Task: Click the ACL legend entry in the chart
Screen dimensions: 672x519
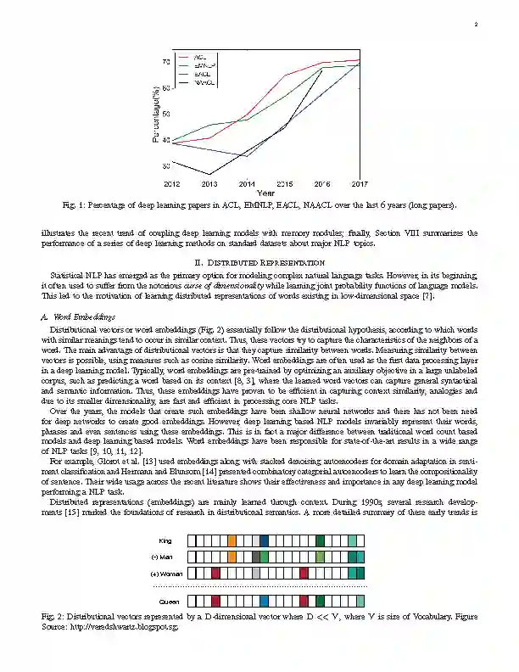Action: (201, 56)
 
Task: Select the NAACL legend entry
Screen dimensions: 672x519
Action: (204, 83)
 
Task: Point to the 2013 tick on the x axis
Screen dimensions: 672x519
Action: (209, 183)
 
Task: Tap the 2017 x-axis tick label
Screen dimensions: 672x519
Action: (360, 183)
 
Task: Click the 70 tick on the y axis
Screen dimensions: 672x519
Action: (166, 62)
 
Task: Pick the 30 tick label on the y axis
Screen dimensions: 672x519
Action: (166, 166)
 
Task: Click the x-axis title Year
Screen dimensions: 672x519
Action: (265, 193)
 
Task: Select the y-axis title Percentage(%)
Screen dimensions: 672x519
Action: (155, 114)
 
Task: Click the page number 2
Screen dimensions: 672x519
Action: (477, 25)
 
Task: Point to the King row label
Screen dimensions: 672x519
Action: (165, 540)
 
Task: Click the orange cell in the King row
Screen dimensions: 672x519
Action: (232, 540)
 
